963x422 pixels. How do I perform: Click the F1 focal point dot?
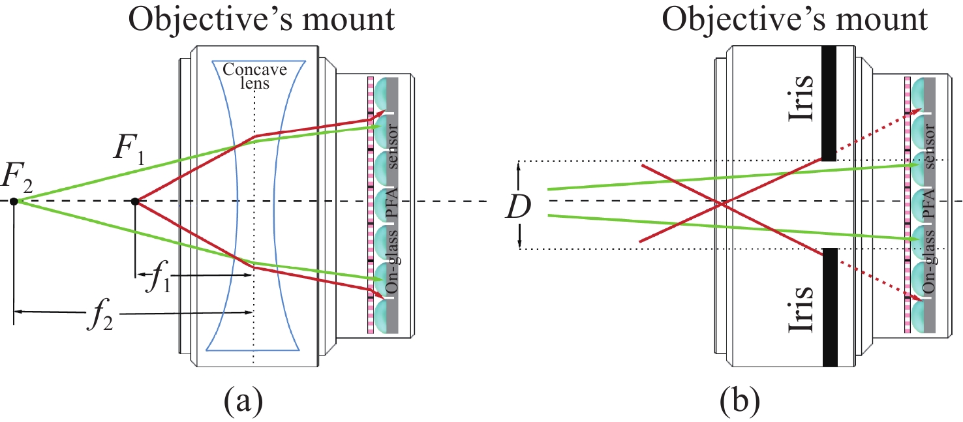[135, 201]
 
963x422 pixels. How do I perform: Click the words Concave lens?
[253, 76]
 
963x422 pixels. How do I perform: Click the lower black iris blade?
[829, 307]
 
